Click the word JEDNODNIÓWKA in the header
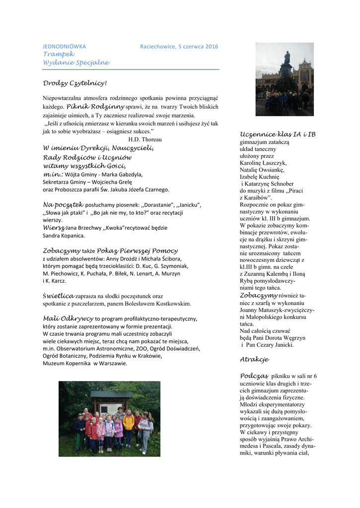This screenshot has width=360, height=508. coord(64,47)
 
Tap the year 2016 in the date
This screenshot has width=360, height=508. coord(212,47)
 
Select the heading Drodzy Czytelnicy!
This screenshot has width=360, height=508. coord(74,83)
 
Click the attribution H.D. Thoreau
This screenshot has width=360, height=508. coord(144,139)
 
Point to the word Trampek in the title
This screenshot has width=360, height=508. coord(58,54)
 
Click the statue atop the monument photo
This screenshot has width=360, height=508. coord(287,57)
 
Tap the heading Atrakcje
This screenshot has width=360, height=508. coord(254,359)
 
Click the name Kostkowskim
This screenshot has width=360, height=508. coord(173,303)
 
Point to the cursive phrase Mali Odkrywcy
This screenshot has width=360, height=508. coord(68,318)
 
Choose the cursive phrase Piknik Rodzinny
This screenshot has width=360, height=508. coord(95,106)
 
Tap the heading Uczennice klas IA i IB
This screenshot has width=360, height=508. coord(278,134)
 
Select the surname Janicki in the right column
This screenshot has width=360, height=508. coord(282,345)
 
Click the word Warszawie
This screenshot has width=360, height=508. coord(111,363)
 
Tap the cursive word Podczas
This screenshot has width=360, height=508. coord(254,376)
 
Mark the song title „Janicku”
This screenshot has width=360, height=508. coord(185,205)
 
